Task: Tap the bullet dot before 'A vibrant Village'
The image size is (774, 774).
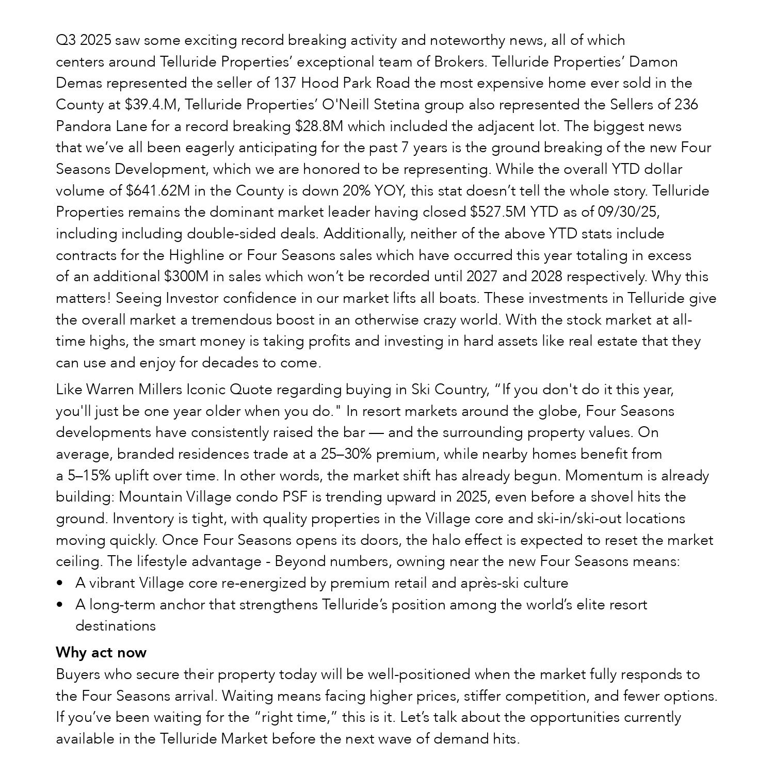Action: [x=60, y=584]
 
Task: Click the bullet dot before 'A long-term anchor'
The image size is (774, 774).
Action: [x=60, y=605]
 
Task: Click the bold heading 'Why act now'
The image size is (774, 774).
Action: [x=101, y=653]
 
